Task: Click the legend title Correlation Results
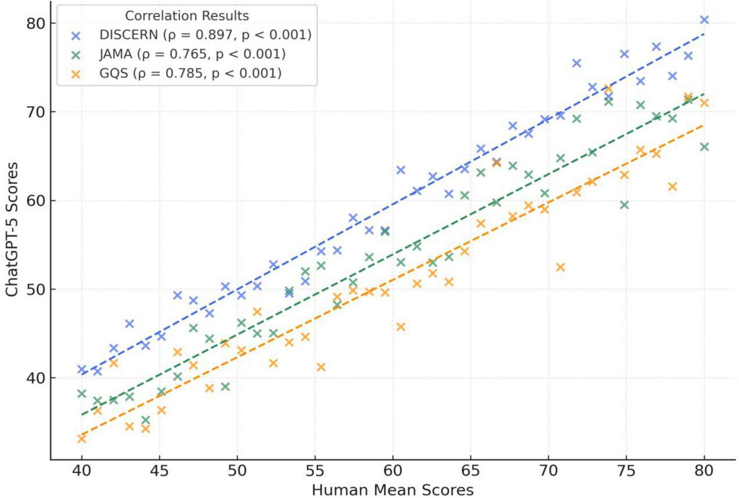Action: point(187,16)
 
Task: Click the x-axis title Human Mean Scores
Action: point(393,490)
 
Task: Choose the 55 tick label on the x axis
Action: point(315,471)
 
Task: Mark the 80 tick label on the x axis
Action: point(704,471)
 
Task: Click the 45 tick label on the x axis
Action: point(159,471)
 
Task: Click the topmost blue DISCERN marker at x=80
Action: point(704,20)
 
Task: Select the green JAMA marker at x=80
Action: point(704,147)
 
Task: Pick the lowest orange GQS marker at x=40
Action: point(82,438)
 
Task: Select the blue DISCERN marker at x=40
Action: point(82,369)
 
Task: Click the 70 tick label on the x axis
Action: point(548,471)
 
